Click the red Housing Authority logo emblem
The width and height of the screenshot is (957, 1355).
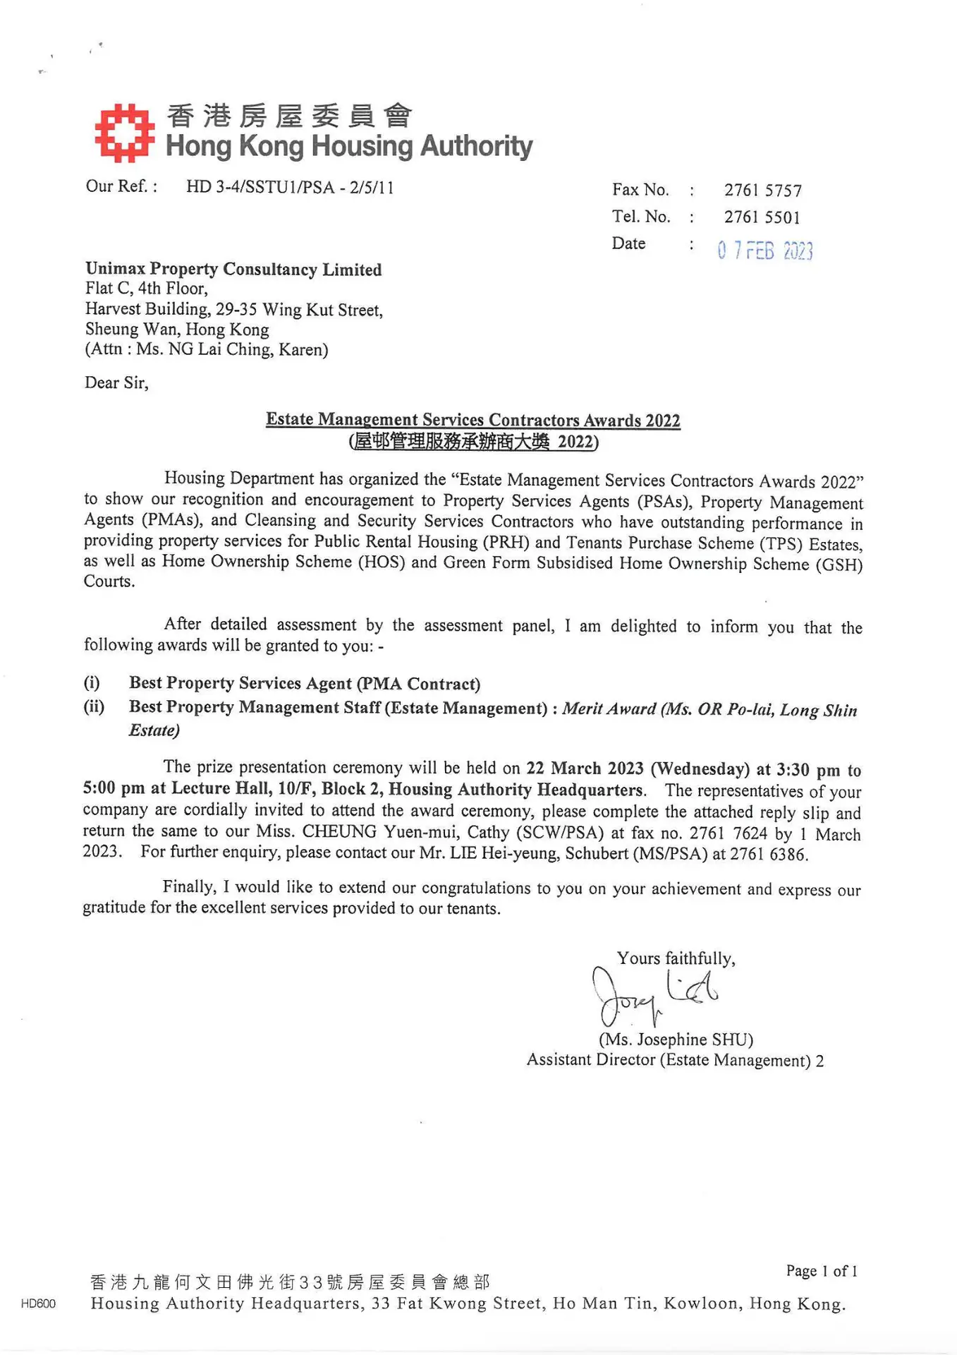click(124, 133)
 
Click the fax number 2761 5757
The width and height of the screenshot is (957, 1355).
click(762, 191)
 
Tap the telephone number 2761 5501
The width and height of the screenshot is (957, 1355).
click(762, 217)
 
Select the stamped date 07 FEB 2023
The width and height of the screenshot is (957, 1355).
click(764, 251)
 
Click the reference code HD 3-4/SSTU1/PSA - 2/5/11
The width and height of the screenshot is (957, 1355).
click(290, 188)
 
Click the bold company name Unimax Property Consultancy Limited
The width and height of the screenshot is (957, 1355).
click(233, 270)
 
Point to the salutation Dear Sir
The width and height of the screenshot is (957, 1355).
click(116, 383)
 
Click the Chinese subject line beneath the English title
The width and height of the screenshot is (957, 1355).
click(473, 442)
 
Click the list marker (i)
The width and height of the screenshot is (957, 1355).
click(92, 682)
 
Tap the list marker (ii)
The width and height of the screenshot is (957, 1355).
click(94, 706)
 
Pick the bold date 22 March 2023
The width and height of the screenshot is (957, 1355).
click(585, 769)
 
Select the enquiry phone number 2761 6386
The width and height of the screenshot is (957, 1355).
click(767, 854)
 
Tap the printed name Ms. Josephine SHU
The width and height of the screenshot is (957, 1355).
click(676, 1040)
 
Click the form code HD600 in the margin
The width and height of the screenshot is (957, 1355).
click(38, 1303)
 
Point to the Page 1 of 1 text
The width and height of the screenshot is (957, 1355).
click(821, 1271)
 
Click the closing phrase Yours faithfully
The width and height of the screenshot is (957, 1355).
click(676, 958)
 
